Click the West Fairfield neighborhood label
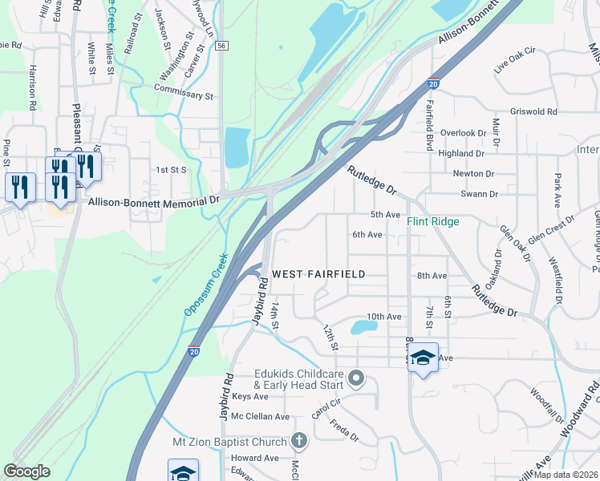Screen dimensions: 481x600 (318, 274)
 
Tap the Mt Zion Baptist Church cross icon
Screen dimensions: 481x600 (298, 440)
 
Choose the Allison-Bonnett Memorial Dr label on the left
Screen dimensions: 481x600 (153, 202)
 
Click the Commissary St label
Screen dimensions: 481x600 (184, 95)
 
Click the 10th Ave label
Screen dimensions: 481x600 (383, 317)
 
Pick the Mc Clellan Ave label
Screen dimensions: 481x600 (260, 417)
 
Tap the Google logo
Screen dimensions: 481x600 (26, 471)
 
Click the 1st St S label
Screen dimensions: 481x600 (171, 170)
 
